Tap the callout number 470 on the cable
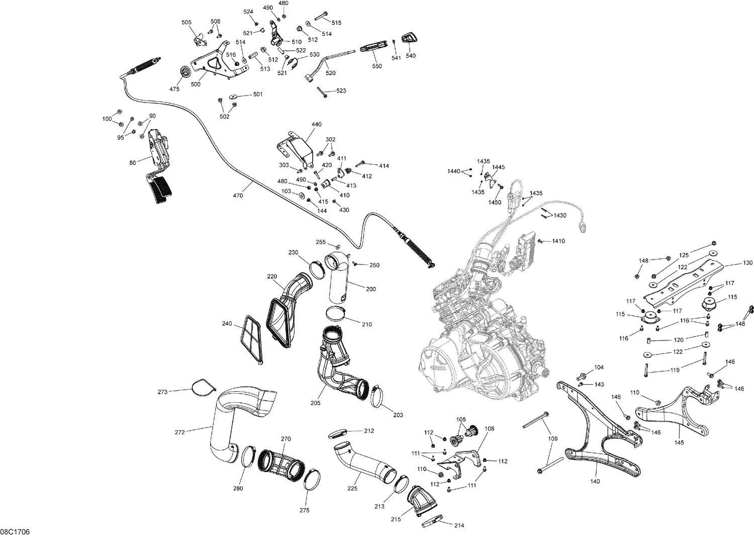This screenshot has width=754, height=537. [238, 195]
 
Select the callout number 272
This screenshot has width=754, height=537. [179, 431]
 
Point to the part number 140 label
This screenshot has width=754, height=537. [595, 481]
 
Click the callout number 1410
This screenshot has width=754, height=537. [558, 241]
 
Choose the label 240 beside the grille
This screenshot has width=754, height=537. [227, 324]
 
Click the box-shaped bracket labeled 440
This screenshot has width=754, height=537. [294, 148]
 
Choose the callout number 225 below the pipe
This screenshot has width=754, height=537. [352, 488]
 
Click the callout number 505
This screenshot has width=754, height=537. [186, 22]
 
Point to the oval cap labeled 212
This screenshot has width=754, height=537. [338, 433]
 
